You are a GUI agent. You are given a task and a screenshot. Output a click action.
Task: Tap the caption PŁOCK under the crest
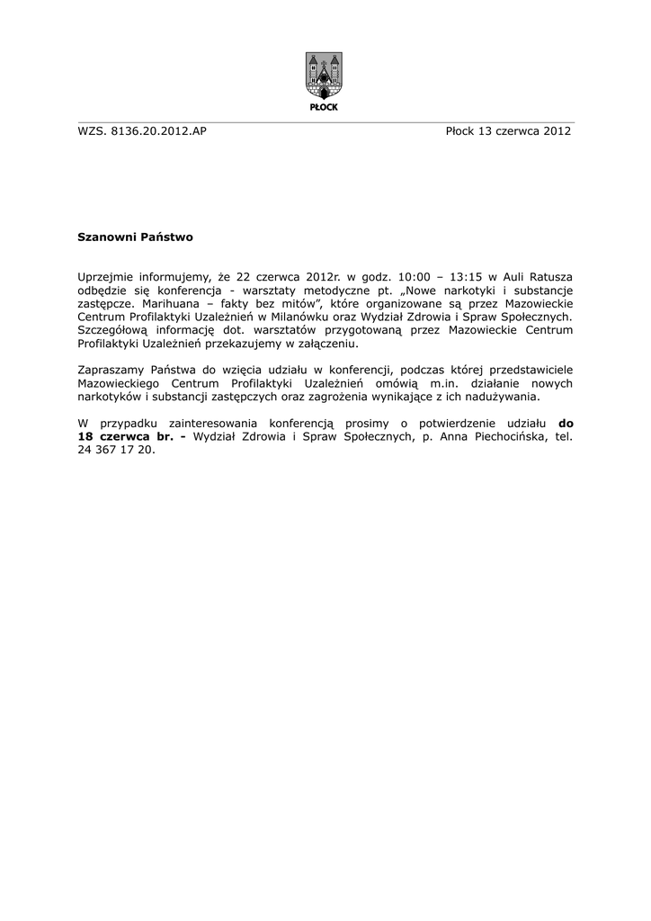[x=325, y=106]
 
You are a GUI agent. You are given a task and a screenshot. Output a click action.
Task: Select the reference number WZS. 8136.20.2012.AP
[x=143, y=131]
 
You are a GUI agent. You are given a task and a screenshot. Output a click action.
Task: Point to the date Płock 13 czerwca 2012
[x=508, y=131]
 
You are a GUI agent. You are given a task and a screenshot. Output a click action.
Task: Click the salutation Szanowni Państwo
[x=135, y=238]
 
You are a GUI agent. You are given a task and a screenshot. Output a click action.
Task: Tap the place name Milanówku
[x=323, y=317]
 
